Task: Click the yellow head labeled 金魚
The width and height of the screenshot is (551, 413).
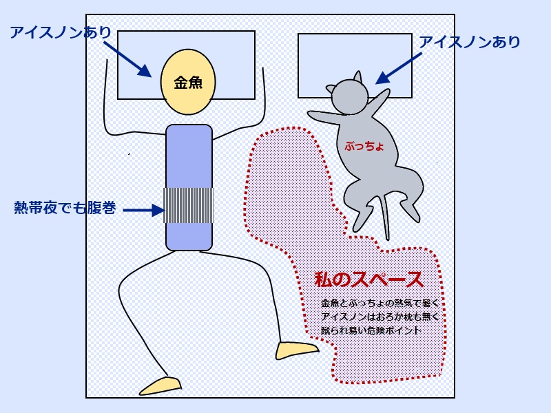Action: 187,82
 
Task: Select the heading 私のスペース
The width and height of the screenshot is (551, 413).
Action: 368,280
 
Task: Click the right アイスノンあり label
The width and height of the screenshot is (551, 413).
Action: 470,43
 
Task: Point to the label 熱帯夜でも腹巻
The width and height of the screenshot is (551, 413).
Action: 65,207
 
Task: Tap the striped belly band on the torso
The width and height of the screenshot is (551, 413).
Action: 188,204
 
